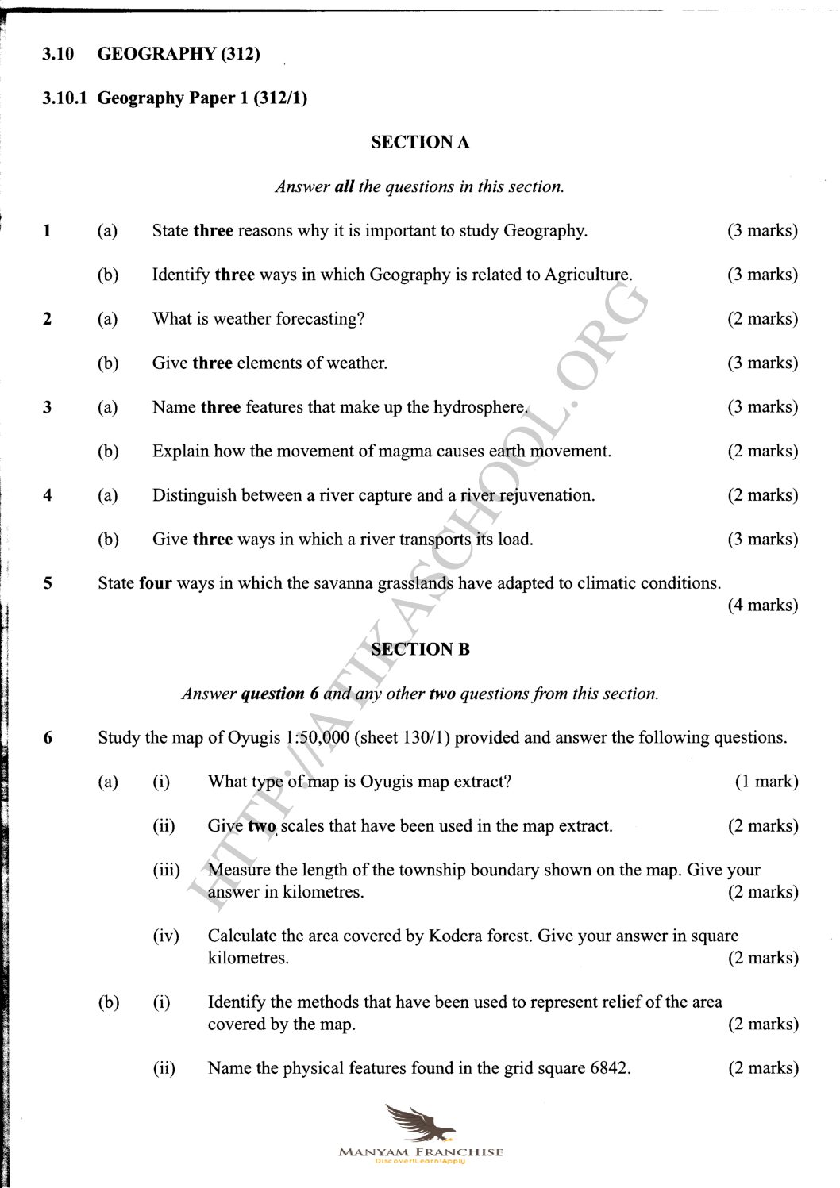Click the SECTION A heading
coord(420,143)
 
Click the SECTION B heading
coord(420,649)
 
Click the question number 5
coord(48,583)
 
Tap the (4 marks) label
coord(762,606)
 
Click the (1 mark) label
coord(766,782)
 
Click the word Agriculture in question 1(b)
coord(588,275)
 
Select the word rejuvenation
coord(547,496)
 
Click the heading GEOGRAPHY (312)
coord(179,54)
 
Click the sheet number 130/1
coord(426,738)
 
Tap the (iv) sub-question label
coord(166,936)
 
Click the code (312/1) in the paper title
coord(280,98)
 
